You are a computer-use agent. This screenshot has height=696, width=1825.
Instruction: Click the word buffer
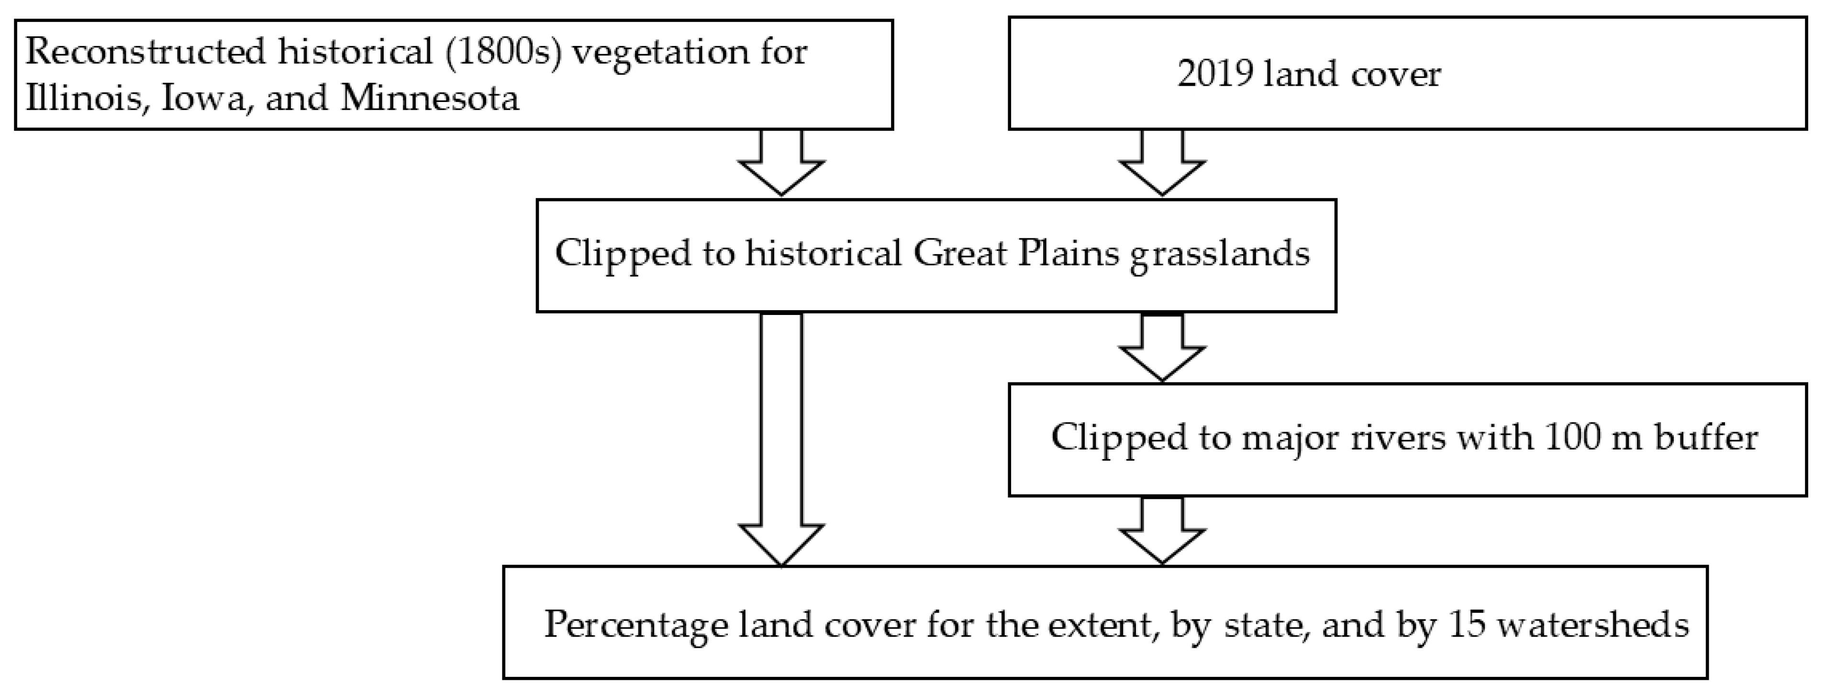point(1705,438)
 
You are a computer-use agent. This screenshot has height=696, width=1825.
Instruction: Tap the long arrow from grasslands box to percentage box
point(781,439)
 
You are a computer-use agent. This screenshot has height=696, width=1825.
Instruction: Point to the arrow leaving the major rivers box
point(1162,531)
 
